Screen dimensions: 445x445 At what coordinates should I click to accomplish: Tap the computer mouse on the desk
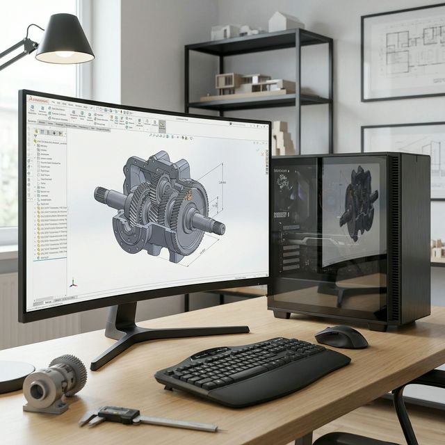point(341,337)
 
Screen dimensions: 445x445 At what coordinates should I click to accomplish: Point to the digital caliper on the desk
point(139,417)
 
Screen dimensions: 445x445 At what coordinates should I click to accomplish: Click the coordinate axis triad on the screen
point(72,284)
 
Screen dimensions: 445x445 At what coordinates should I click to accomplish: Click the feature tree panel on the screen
point(49,202)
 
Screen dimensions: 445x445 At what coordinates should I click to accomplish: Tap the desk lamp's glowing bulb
point(65,54)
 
